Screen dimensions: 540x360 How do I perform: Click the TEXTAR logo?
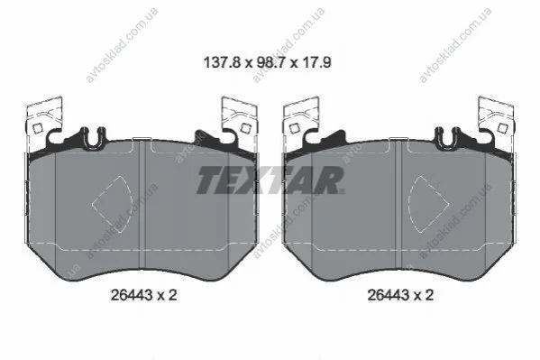click(270, 180)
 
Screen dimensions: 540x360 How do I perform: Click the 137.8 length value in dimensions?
click(222, 63)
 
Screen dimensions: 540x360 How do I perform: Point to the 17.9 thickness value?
click(316, 63)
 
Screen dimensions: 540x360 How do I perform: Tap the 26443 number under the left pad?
click(132, 295)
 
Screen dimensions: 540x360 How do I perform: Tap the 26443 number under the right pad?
click(389, 295)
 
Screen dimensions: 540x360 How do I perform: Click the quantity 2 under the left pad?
click(172, 295)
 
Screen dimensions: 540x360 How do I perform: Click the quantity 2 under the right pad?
click(429, 295)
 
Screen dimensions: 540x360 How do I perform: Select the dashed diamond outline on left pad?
click(113, 204)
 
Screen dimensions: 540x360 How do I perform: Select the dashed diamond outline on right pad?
click(428, 204)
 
